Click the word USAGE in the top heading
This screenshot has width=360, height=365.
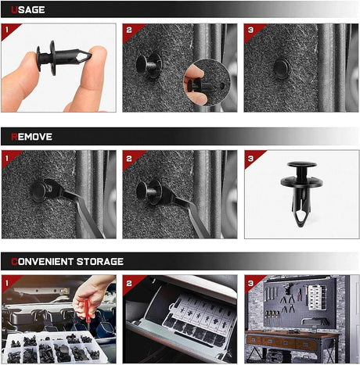coord(28,10)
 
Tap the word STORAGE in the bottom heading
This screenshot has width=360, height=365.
coord(99,261)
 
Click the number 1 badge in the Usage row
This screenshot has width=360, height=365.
coord(8,30)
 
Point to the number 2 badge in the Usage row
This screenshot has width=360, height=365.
coord(129,30)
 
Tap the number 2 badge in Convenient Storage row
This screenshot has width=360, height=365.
coord(129,281)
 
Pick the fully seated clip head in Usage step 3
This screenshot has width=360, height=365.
coord(282,69)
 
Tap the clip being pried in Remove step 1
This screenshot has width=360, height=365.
coord(39,191)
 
